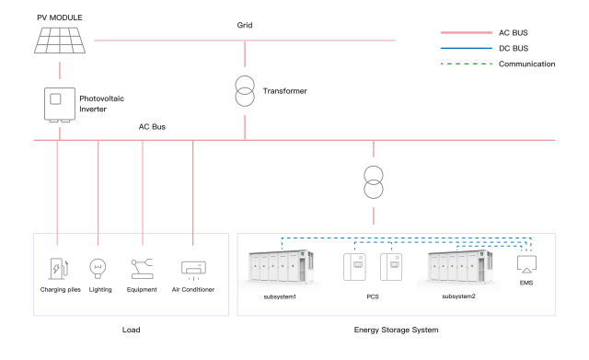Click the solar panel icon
tap(60, 39)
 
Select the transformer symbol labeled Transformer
tap(245, 91)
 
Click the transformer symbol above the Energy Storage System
tap(373, 181)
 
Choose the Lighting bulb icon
tap(97, 269)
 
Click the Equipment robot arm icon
tap(143, 269)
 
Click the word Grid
tap(244, 25)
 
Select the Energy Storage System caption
tap(397, 328)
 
